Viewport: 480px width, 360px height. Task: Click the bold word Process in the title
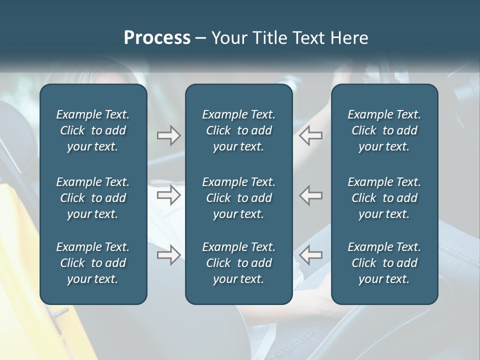click(157, 38)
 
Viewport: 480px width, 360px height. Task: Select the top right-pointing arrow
click(168, 135)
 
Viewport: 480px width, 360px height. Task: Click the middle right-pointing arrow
click(168, 195)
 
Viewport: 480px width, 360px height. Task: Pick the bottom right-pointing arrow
click(168, 255)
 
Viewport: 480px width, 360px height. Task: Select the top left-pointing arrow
click(310, 135)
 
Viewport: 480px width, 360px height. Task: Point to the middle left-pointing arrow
click(310, 195)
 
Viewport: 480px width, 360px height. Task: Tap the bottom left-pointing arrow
click(310, 255)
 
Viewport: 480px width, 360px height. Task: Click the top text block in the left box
click(93, 130)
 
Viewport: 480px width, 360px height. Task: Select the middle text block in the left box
click(93, 198)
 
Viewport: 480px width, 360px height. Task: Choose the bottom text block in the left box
click(93, 263)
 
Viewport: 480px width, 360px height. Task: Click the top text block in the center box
click(238, 130)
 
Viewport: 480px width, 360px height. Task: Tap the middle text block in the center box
click(238, 198)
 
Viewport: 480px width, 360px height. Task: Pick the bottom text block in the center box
click(238, 263)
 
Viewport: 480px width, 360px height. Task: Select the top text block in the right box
click(384, 130)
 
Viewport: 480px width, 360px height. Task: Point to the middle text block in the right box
click(384, 198)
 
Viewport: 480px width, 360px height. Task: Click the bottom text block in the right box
click(384, 263)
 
